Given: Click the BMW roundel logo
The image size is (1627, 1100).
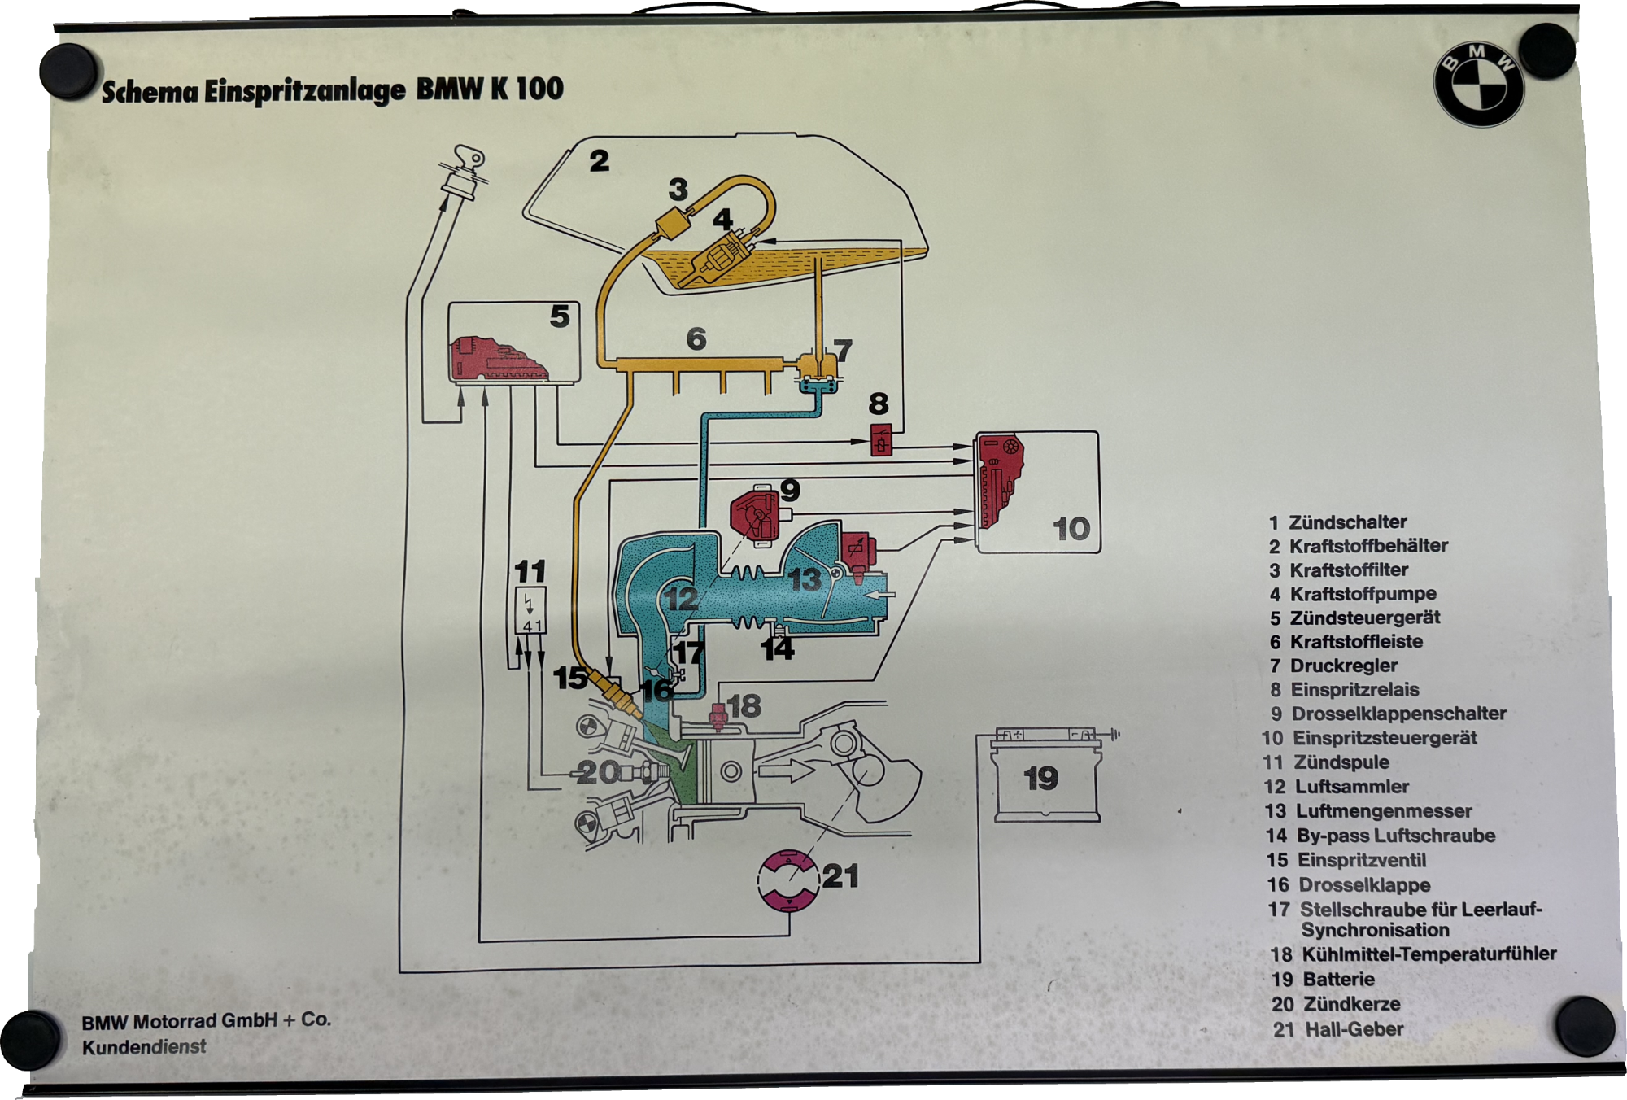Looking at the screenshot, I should point(1477,85).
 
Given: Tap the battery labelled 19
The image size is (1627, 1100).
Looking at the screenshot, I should point(1046,779).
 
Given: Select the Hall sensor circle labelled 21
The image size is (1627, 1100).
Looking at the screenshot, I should point(788,880).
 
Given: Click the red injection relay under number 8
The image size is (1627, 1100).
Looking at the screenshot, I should point(881,439).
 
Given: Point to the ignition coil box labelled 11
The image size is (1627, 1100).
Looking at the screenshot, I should point(530,609).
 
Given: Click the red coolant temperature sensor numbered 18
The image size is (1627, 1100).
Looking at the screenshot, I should point(718,716).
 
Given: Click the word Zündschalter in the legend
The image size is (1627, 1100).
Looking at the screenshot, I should point(1347,522).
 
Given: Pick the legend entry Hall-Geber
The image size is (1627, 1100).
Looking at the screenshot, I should point(1354,1029).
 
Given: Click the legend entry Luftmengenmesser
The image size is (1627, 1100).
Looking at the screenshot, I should point(1383,811).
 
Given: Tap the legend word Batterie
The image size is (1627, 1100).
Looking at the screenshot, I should point(1338,980).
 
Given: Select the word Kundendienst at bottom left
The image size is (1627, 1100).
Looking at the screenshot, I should point(144,1047).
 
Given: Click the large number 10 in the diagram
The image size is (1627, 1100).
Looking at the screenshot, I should point(1071,529).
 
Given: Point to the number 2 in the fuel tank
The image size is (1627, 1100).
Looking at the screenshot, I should point(599,160).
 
